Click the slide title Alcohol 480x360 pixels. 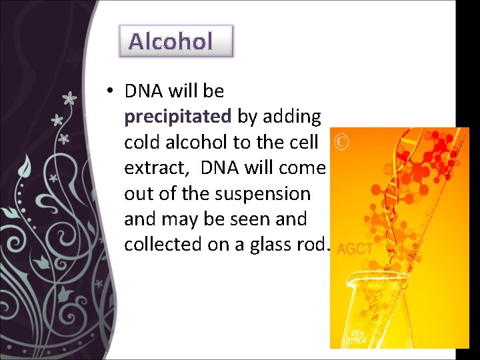point(171,41)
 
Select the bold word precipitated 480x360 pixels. point(177,117)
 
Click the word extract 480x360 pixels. point(151,168)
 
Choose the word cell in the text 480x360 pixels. point(308,142)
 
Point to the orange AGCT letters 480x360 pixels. point(355,249)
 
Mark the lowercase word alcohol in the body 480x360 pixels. point(197,142)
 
